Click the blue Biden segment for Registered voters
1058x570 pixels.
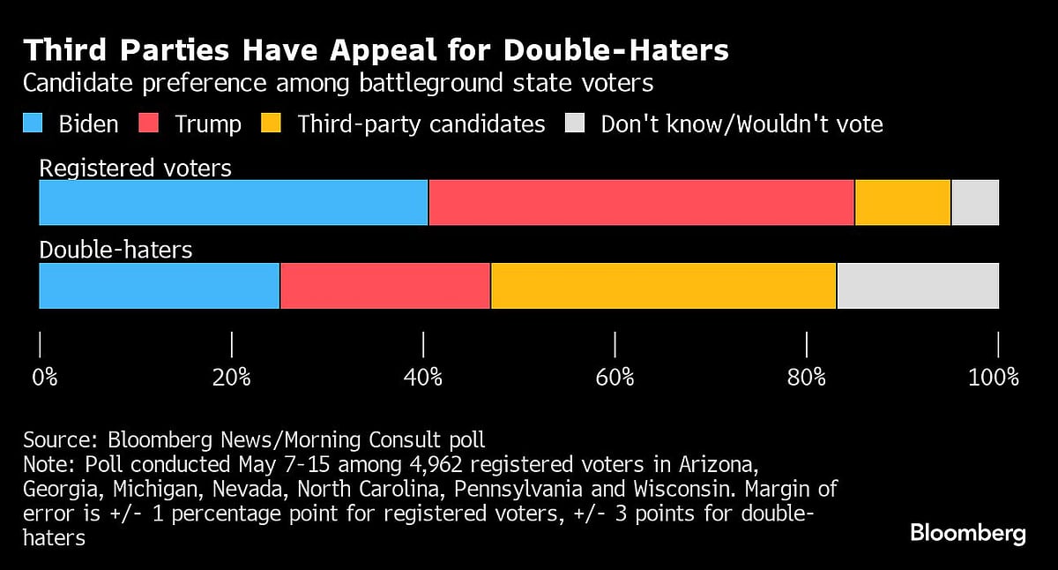point(234,202)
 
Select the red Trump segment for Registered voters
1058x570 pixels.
point(641,202)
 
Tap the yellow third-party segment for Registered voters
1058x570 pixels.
point(903,202)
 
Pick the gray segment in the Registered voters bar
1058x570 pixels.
point(975,202)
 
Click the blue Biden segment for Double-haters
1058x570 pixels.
point(160,286)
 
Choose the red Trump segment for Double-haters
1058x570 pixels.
point(385,286)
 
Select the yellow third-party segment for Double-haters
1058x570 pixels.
point(663,286)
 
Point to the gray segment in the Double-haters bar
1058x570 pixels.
point(918,286)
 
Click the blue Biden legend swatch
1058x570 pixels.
point(33,124)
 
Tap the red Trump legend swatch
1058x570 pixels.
point(150,124)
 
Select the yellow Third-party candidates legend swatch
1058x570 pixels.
point(272,124)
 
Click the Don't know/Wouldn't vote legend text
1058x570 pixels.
point(741,124)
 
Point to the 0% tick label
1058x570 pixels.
point(45,378)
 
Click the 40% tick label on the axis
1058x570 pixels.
point(423,378)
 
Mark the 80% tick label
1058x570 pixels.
point(806,378)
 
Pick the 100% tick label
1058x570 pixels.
point(993,378)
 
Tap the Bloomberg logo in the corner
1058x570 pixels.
point(967,533)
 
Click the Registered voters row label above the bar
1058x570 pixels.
point(136,168)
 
